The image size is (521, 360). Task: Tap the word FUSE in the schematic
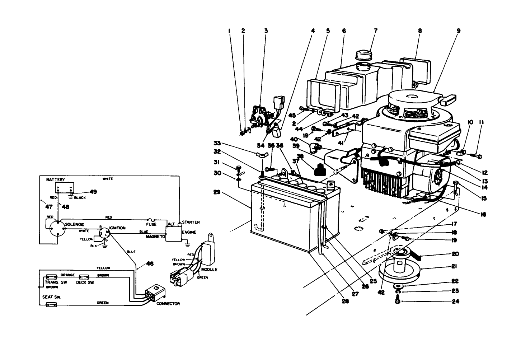151,224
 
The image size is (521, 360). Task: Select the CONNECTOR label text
168,304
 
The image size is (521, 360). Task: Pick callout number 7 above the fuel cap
376,31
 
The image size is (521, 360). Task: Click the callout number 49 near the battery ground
93,192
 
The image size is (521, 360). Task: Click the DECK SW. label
85,282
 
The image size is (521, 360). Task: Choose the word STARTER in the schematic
191,222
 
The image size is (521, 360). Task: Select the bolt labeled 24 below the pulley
397,302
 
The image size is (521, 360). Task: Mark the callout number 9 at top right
458,31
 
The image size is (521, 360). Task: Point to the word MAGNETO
155,237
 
